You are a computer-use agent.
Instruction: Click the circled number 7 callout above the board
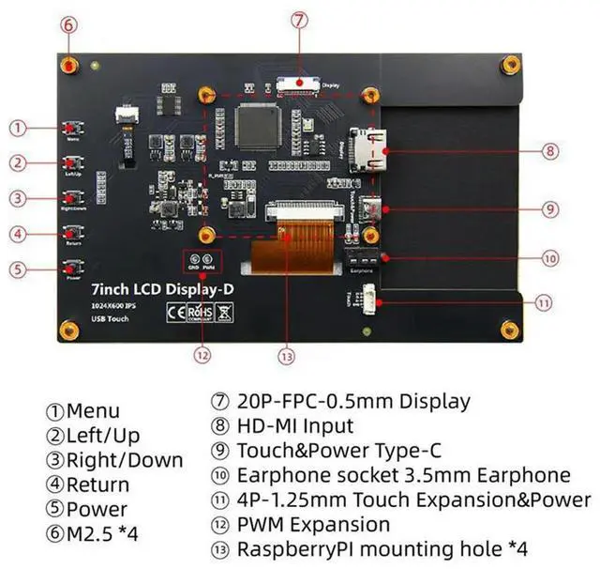coord(298,20)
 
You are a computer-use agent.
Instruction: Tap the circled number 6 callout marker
coord(68,25)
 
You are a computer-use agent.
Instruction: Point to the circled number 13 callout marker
coord(287,355)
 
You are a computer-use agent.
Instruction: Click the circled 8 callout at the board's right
coord(550,150)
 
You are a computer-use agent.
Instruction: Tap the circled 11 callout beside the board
coord(544,302)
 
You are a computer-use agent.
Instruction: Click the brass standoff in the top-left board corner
coord(68,65)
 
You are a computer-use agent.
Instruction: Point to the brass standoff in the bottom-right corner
coord(511,329)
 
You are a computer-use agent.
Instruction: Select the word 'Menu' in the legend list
coord(94,411)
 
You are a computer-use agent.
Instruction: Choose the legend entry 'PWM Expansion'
coord(313,524)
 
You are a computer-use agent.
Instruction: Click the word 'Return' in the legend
coord(98,484)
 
